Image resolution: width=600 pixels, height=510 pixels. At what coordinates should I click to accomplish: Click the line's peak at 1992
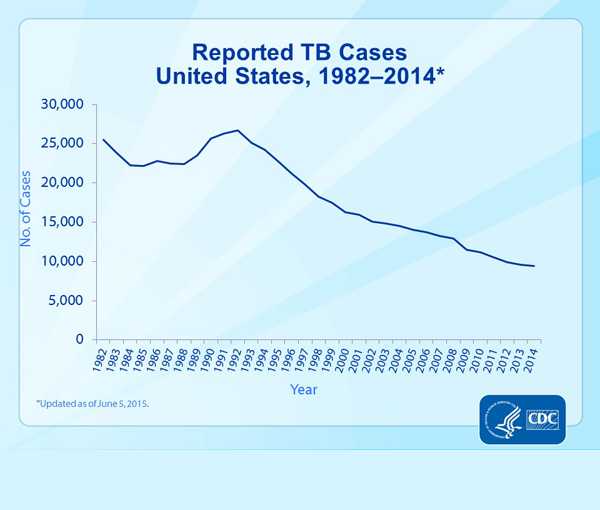click(x=238, y=130)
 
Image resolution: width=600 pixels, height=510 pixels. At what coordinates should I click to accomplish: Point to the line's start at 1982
click(x=103, y=139)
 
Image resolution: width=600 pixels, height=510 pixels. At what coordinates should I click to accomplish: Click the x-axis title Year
click(x=305, y=388)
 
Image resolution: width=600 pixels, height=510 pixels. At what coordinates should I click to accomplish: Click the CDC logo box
click(x=540, y=417)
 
